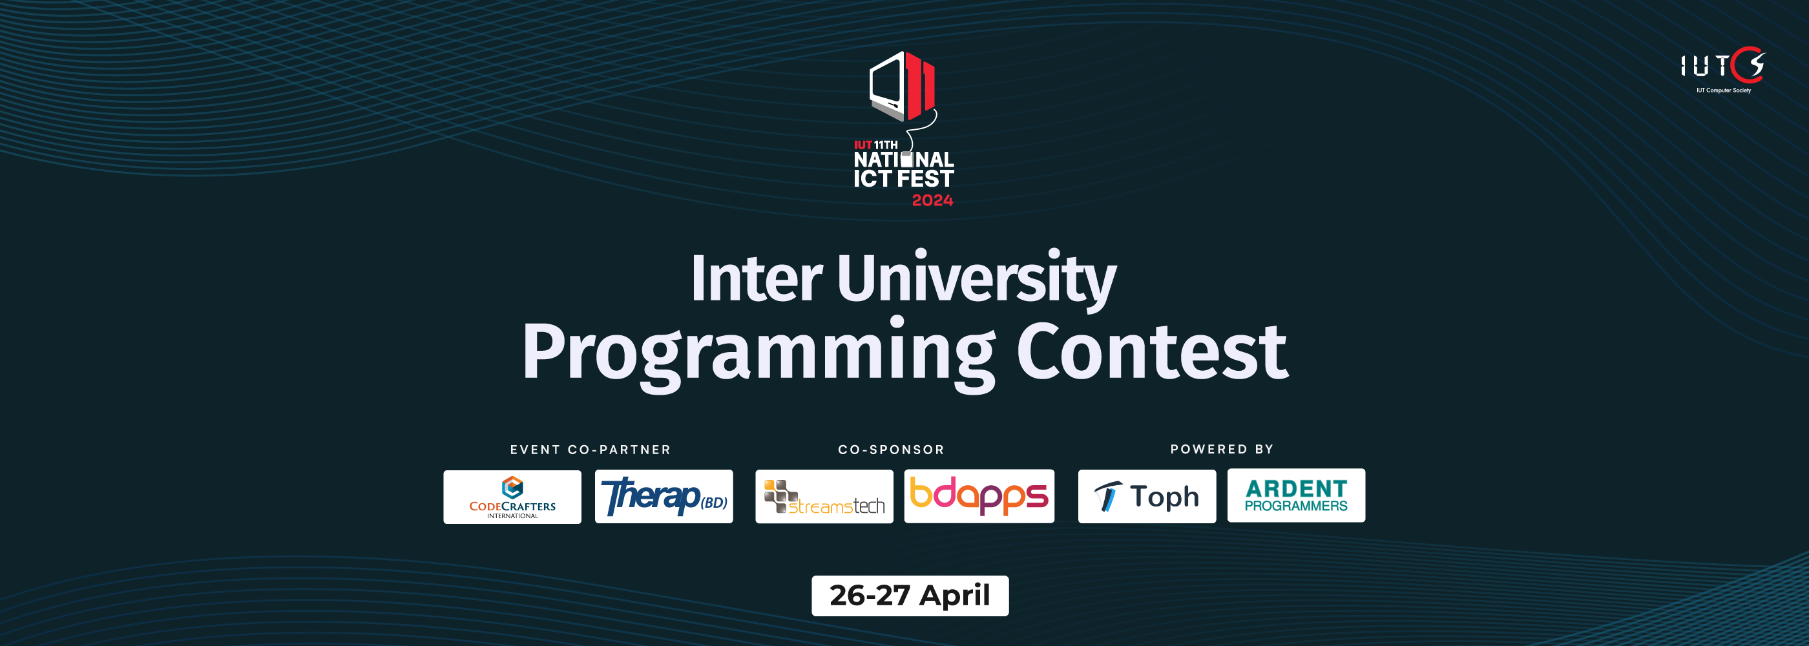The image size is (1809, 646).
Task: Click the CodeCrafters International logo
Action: coord(512,496)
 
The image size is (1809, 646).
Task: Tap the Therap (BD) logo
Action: coord(664,496)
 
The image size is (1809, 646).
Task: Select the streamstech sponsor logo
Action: coord(824,496)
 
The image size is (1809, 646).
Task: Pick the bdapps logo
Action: coord(979,495)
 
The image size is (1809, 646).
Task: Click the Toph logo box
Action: coord(1147,496)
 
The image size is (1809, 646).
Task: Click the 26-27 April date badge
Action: coord(910,596)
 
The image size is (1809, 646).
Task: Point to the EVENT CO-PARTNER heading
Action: coord(591,450)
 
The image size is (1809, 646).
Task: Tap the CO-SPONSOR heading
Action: coord(891,450)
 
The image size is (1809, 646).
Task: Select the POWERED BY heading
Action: coord(1222,449)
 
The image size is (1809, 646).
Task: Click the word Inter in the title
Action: coord(757,279)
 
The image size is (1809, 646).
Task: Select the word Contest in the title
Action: coord(1153,350)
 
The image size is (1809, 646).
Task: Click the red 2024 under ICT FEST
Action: coord(932,200)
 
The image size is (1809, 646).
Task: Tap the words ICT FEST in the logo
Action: coord(904,178)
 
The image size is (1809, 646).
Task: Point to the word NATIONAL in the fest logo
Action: coord(904,160)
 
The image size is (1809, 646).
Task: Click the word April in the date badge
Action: coord(955,596)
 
